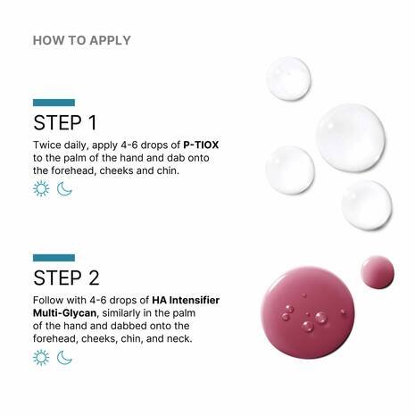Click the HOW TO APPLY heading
point(81,40)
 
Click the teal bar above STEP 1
point(54,103)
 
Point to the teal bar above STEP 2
point(54,258)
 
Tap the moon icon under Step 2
point(64,357)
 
